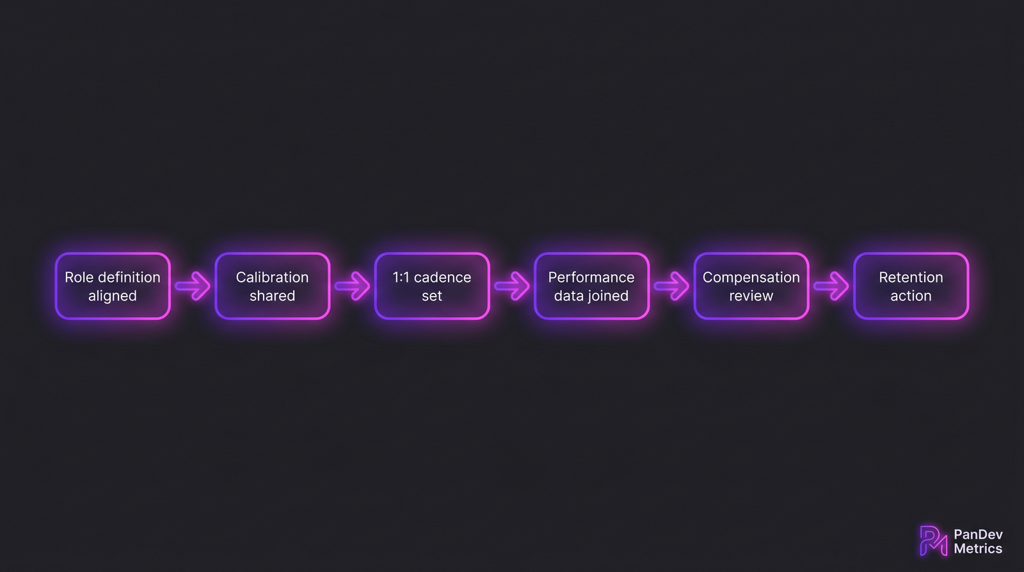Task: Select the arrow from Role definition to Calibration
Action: pyautogui.click(x=193, y=286)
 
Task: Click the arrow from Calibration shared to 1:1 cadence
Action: pyautogui.click(x=352, y=286)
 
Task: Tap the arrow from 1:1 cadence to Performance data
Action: pyautogui.click(x=512, y=286)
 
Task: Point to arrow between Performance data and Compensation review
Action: pyautogui.click(x=671, y=286)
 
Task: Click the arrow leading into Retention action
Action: pyautogui.click(x=831, y=286)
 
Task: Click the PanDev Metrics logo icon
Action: pyautogui.click(x=933, y=541)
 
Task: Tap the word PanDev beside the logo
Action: pyautogui.click(x=978, y=534)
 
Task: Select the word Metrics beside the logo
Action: pyautogui.click(x=978, y=549)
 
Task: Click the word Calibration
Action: pyautogui.click(x=272, y=277)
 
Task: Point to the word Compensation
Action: pyautogui.click(x=751, y=278)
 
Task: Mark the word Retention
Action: pyautogui.click(x=911, y=277)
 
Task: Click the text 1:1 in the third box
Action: pyautogui.click(x=401, y=277)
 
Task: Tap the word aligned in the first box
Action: pyautogui.click(x=112, y=296)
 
